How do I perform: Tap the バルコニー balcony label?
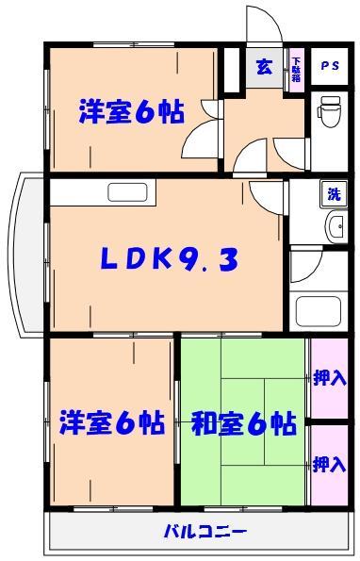pyautogui.click(x=205, y=531)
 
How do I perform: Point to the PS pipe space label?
pyautogui.click(x=329, y=65)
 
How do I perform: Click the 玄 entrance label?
pyautogui.click(x=265, y=66)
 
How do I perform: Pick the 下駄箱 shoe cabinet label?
pyautogui.click(x=296, y=68)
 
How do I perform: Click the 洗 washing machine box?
pyautogui.click(x=332, y=194)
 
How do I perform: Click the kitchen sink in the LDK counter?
pyautogui.click(x=126, y=192)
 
